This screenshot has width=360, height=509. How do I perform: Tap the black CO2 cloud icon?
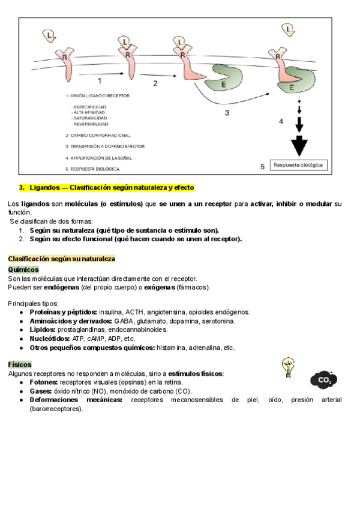[x=324, y=379]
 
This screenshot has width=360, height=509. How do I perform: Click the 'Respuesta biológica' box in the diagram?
[x=299, y=164]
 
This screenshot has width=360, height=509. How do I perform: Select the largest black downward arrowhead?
[x=298, y=146]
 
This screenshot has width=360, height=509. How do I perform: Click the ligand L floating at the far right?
[x=290, y=28]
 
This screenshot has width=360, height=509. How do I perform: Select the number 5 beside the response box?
[x=262, y=167]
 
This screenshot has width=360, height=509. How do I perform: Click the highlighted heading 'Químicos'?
[x=23, y=270]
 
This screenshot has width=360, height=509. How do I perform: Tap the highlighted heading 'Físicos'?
[x=20, y=364]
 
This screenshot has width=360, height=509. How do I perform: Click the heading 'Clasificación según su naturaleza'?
[x=61, y=259]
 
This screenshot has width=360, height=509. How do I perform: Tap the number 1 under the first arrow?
[x=100, y=79]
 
